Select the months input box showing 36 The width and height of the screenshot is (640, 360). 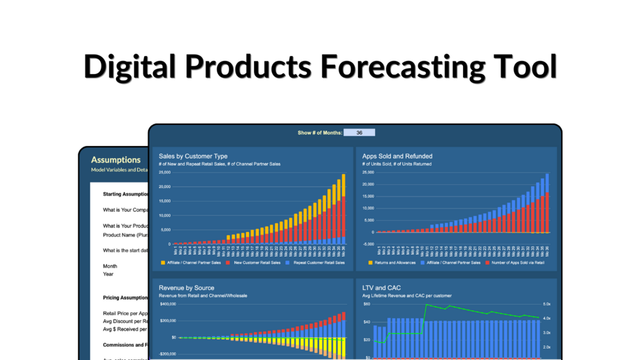(x=359, y=133)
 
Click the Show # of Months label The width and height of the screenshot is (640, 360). (x=320, y=133)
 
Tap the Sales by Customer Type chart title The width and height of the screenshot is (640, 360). (x=193, y=156)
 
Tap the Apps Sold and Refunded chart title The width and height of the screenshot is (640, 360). (x=397, y=156)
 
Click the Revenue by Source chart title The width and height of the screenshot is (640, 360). (x=187, y=288)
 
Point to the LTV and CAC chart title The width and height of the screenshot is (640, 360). (x=381, y=288)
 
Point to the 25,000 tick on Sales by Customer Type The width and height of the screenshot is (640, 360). (x=164, y=173)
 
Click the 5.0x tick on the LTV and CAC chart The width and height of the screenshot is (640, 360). (x=547, y=305)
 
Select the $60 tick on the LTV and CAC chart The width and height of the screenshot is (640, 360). (x=366, y=305)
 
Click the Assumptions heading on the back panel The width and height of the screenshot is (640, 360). (x=116, y=160)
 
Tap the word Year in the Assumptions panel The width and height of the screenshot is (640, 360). (x=108, y=274)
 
